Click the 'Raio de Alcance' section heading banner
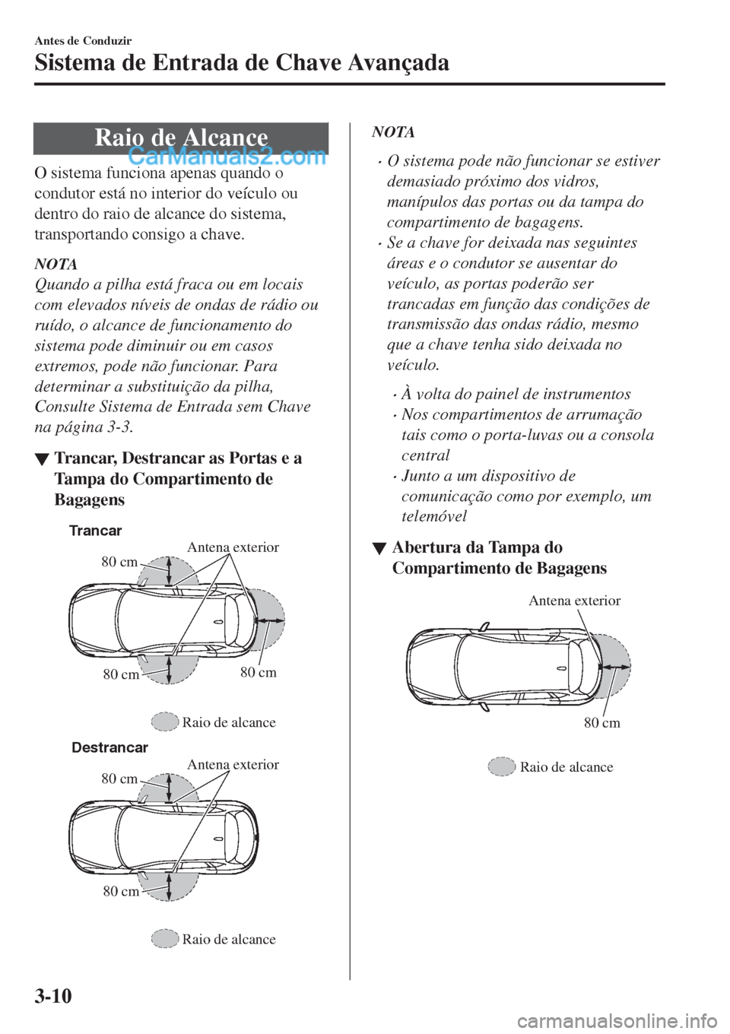181,138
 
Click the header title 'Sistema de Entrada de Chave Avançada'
242,62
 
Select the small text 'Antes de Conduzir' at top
73,40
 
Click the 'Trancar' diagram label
95,530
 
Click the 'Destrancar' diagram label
109,747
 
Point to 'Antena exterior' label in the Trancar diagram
233,547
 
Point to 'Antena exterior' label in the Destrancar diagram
233,765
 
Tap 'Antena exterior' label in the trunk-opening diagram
574,601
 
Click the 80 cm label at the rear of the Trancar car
259,672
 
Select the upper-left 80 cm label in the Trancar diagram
119,562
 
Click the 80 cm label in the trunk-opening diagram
601,723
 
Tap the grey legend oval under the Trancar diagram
164,722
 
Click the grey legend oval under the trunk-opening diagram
502,766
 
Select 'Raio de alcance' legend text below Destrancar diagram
229,940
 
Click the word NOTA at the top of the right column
393,132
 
